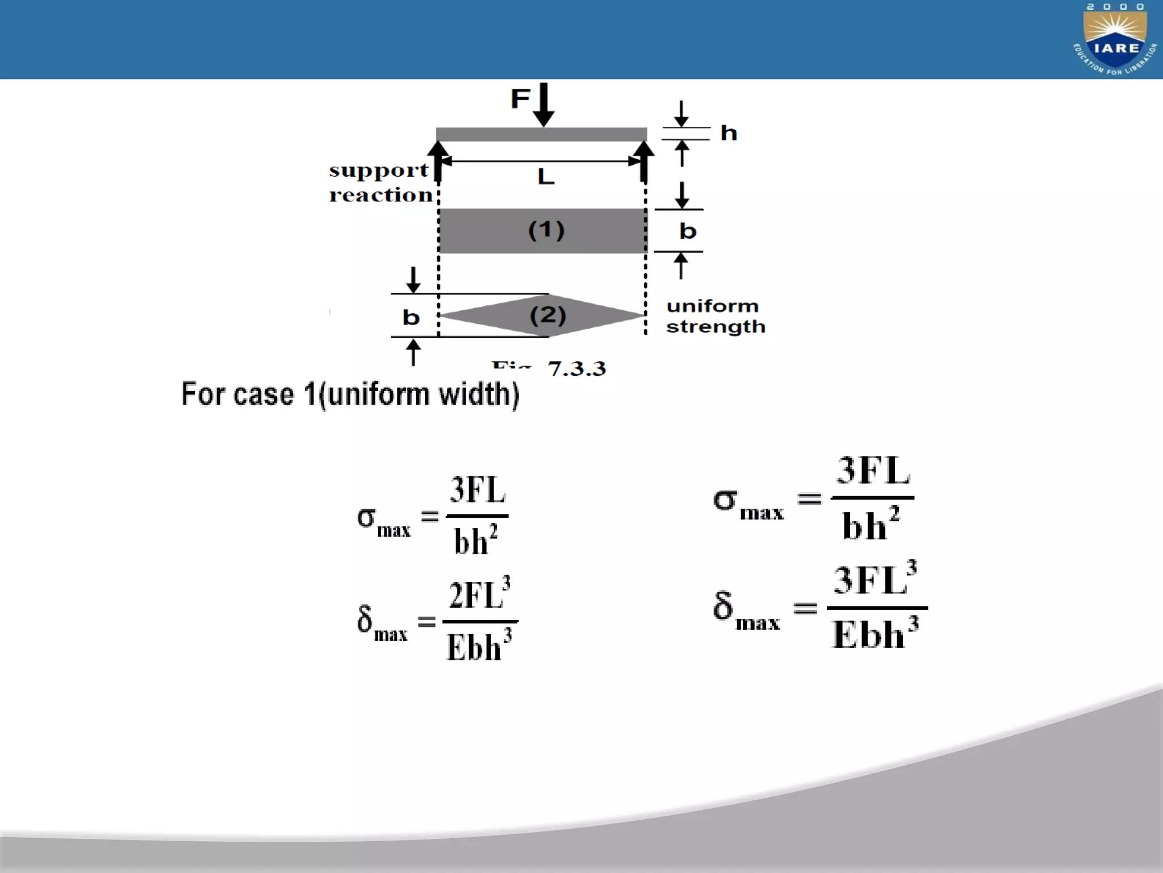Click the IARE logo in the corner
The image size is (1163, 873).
1115,40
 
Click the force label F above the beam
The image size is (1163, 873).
520,99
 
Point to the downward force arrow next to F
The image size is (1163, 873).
543,105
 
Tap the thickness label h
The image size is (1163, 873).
729,134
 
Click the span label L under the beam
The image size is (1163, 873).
546,177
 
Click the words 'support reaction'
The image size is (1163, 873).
380,182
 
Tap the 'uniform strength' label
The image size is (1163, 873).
715,316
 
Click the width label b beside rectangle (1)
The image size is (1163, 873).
688,231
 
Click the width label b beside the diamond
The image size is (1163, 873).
411,317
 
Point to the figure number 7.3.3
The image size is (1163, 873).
576,369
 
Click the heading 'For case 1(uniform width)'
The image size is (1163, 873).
350,394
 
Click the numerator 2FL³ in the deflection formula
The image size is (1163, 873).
479,594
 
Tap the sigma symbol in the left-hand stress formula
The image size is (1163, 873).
366,517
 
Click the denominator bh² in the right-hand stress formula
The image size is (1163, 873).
871,524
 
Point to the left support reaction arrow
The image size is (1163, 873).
438,161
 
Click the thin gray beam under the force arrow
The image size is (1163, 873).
541,135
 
